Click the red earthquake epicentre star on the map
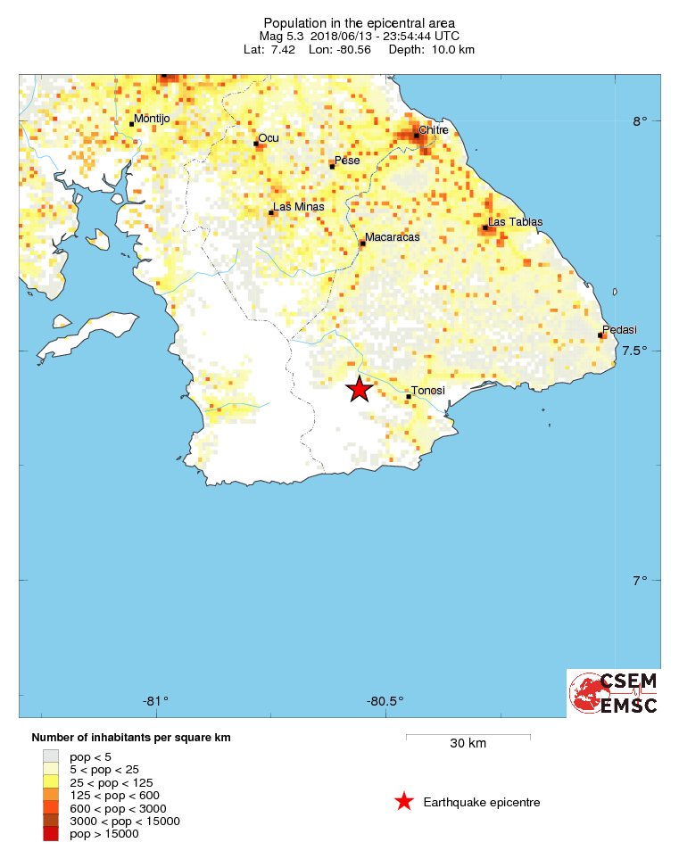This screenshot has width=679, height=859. tap(358, 389)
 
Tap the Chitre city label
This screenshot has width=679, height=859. tap(433, 129)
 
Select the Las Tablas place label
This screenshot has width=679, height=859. tap(515, 221)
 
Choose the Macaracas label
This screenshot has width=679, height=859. tap(392, 237)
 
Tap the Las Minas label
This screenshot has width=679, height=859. tap(297, 207)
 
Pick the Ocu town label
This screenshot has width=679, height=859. tap(268, 137)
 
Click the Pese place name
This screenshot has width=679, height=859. tap(346, 161)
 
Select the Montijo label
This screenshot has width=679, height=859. tap(151, 118)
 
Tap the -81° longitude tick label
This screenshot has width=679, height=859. tap(157, 699)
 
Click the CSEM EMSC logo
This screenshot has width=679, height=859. tap(614, 693)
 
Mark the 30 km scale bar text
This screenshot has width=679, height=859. tap(468, 743)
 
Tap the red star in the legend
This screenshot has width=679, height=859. tap(404, 802)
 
